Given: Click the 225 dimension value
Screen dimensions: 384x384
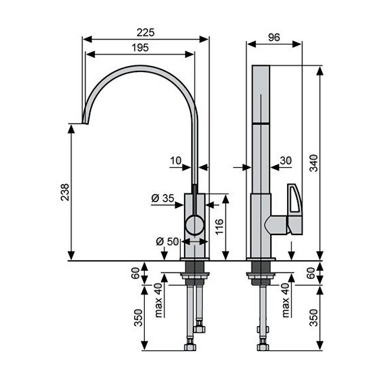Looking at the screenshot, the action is click(x=146, y=32).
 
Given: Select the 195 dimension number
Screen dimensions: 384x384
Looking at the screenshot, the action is click(x=140, y=48).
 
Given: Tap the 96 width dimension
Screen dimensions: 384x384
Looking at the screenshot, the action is click(x=274, y=38).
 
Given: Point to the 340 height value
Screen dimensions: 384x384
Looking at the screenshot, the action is click(x=314, y=163).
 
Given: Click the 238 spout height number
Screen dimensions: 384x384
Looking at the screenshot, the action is click(x=65, y=192).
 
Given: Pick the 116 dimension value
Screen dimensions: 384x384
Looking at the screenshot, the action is click(x=220, y=227).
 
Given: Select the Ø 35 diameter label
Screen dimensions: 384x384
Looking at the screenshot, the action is click(x=162, y=198).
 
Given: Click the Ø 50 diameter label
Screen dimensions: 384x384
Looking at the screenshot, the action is click(x=168, y=241).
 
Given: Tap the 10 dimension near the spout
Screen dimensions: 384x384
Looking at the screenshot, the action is click(x=176, y=161).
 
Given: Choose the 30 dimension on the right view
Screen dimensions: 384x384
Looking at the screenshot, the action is click(x=286, y=160).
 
